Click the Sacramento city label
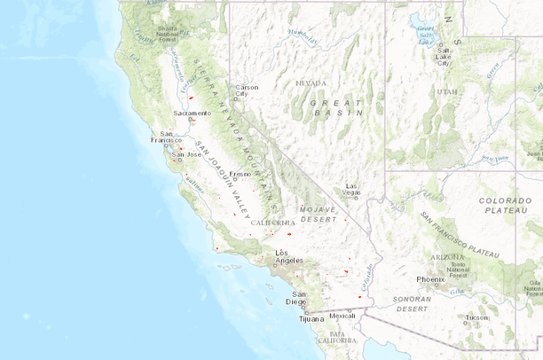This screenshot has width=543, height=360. pyautogui.click(x=192, y=113)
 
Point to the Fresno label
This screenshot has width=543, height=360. pyautogui.click(x=240, y=175)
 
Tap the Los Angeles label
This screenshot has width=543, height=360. pyautogui.click(x=288, y=256)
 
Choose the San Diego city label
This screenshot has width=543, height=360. pyautogui.click(x=300, y=297)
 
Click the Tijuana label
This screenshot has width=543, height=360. pyautogui.click(x=299, y=318)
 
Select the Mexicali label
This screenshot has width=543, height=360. pyautogui.click(x=342, y=315)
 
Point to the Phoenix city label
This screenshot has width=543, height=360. pyautogui.click(x=429, y=279)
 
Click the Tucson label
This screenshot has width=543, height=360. pyautogui.click(x=476, y=317)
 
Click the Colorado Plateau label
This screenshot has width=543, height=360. pyautogui.click(x=505, y=206)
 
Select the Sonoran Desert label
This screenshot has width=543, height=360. pyautogui.click(x=413, y=305)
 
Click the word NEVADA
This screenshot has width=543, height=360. pyautogui.click(x=311, y=83)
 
